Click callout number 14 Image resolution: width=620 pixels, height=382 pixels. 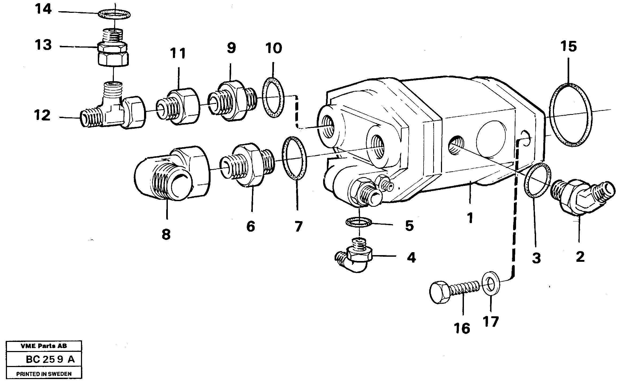[x=43, y=10]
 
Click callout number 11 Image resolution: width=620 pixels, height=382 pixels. [x=178, y=53]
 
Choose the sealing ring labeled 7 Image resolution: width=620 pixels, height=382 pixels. [x=294, y=158]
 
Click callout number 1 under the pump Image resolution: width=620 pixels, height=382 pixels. [x=470, y=218]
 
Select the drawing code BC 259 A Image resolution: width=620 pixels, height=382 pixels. [x=50, y=360]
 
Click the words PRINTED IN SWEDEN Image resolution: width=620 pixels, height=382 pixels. [x=44, y=374]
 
